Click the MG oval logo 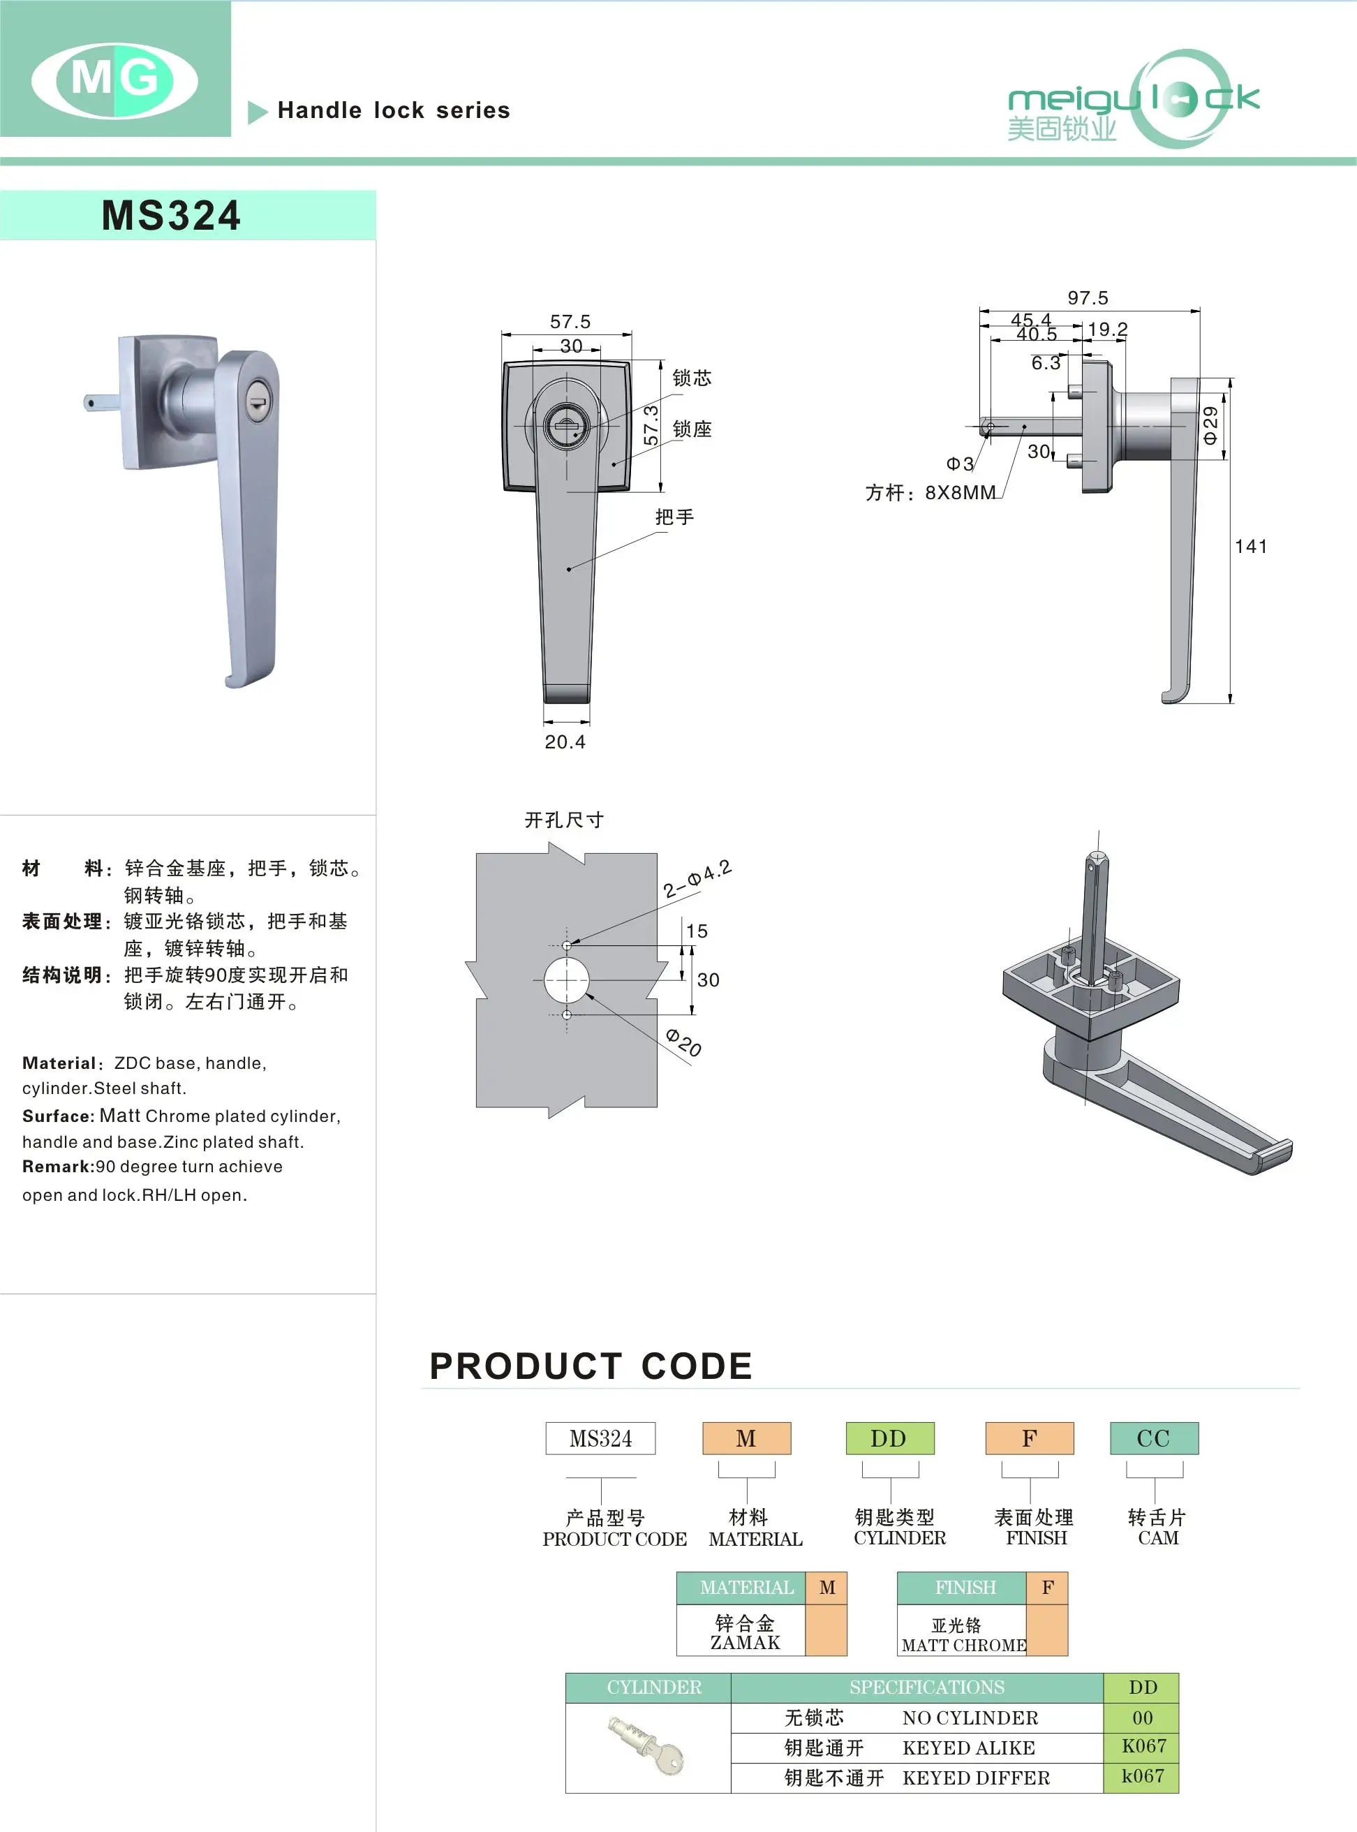[114, 80]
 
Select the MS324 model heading [171, 216]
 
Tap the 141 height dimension [1250, 546]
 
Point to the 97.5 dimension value [1088, 297]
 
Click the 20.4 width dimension [565, 742]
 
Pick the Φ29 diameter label [1210, 426]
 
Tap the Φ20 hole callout [683, 1042]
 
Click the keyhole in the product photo [257, 404]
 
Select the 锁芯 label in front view [692, 378]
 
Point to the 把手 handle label [674, 517]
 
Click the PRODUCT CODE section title [591, 1366]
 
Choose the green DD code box [889, 1438]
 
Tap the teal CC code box [1153, 1438]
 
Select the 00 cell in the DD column [1142, 1717]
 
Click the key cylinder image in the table [646, 1745]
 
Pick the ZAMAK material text [744, 1642]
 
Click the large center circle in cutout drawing [567, 980]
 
